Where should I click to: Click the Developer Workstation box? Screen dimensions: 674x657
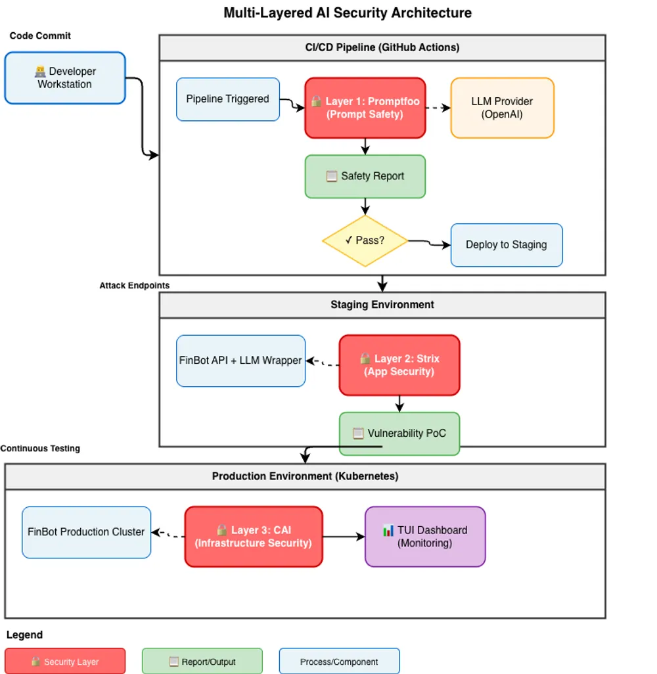click(64, 78)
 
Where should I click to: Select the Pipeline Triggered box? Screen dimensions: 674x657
click(227, 99)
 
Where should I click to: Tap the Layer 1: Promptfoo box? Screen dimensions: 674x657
click(365, 108)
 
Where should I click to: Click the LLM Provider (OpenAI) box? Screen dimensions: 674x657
click(502, 108)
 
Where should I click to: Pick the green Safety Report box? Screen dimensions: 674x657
click(365, 176)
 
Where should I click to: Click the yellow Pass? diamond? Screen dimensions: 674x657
click(365, 240)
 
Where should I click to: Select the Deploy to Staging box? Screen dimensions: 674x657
click(506, 245)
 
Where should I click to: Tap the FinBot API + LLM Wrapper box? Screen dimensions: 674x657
click(240, 361)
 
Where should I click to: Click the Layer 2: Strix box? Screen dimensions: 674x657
click(399, 365)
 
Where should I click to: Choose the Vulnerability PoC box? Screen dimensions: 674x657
click(399, 434)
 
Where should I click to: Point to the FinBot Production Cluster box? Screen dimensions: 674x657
click(86, 532)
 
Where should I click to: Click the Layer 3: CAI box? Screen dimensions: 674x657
click(253, 537)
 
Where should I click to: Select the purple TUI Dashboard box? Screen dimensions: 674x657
click(424, 537)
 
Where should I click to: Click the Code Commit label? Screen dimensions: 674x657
click(40, 35)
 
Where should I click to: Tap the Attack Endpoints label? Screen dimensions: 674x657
click(134, 286)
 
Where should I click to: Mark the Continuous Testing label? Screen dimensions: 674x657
click(40, 449)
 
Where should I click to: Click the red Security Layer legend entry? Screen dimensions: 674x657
click(64, 662)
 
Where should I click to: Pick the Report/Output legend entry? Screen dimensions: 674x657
click(202, 662)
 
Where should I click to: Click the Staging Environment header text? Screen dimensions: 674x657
click(382, 305)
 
